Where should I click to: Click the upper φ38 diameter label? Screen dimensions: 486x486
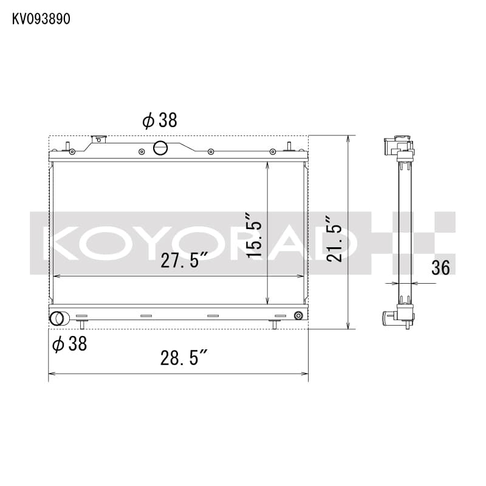pyautogui.click(x=160, y=120)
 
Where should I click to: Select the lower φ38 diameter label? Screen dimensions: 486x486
pyautogui.click(x=70, y=344)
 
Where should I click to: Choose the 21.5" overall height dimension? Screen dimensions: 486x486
pyautogui.click(x=335, y=239)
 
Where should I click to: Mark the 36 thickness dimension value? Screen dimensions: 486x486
pyautogui.click(x=441, y=267)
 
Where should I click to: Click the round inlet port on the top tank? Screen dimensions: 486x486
pyautogui.click(x=160, y=147)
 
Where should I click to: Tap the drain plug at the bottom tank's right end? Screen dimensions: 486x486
pyautogui.click(x=298, y=316)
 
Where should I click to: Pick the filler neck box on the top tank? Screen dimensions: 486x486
pyautogui.click(x=98, y=140)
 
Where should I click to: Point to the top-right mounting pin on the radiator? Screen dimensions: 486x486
pyautogui.click(x=290, y=146)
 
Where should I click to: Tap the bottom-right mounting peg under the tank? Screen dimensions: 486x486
pyautogui.click(x=274, y=324)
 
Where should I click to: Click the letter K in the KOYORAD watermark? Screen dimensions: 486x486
pyautogui.click(x=58, y=241)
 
